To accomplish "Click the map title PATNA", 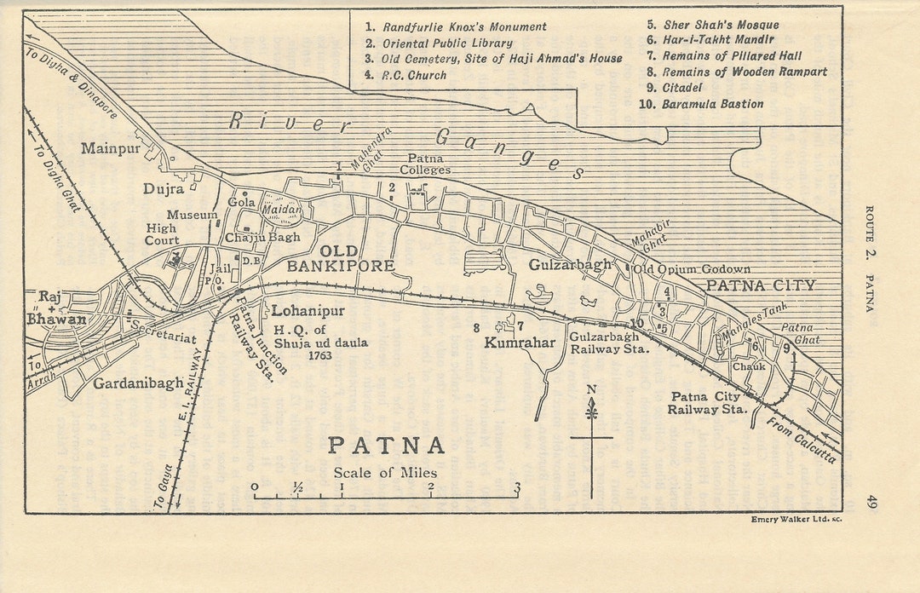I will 387,446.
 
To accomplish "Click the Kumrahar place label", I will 520,343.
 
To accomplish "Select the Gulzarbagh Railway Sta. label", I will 609,343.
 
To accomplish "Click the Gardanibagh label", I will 138,383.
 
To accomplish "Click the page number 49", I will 870,502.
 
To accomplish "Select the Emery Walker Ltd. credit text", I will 796,519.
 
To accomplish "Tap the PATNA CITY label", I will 762,285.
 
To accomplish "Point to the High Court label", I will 161,234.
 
